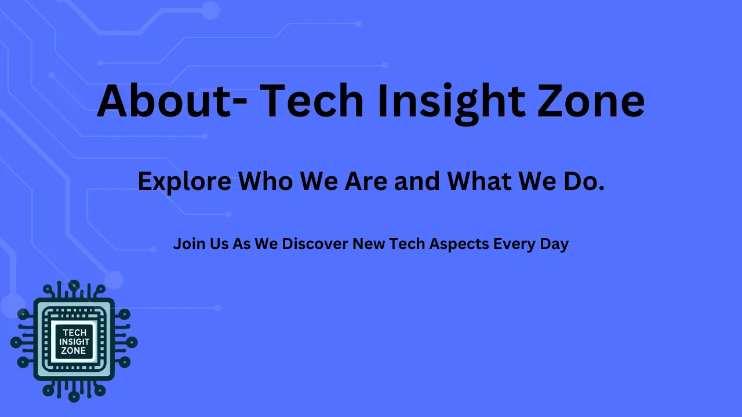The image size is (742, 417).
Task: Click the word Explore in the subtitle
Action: pyautogui.click(x=184, y=182)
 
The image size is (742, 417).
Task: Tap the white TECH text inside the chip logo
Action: pyautogui.click(x=74, y=332)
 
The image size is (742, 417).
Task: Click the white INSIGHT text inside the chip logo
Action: pyautogui.click(x=74, y=342)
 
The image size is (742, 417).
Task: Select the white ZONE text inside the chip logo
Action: pyautogui.click(x=74, y=351)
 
